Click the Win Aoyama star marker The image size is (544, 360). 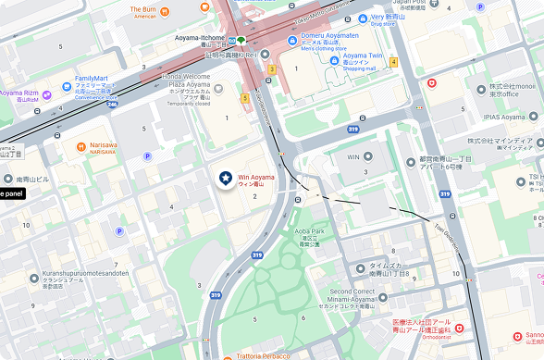(226, 179)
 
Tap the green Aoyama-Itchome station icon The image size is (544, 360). (241, 40)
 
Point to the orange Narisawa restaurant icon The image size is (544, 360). (80, 145)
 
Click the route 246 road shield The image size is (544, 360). (113, 105)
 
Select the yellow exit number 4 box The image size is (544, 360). (393, 62)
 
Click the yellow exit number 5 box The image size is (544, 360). (245, 97)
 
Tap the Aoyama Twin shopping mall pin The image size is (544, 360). (334, 60)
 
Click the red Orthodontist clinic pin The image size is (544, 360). (459, 328)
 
